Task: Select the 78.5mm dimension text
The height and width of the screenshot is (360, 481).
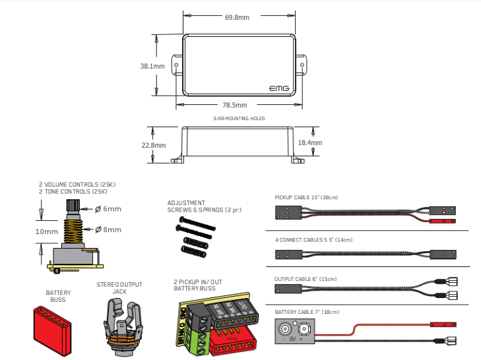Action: click(x=234, y=105)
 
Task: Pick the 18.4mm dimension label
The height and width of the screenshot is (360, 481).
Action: click(x=310, y=142)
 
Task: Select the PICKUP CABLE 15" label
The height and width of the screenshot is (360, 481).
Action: click(x=307, y=197)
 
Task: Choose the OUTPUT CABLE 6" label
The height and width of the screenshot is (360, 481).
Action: click(x=306, y=279)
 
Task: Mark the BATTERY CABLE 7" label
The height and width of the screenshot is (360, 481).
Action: click(x=307, y=311)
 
